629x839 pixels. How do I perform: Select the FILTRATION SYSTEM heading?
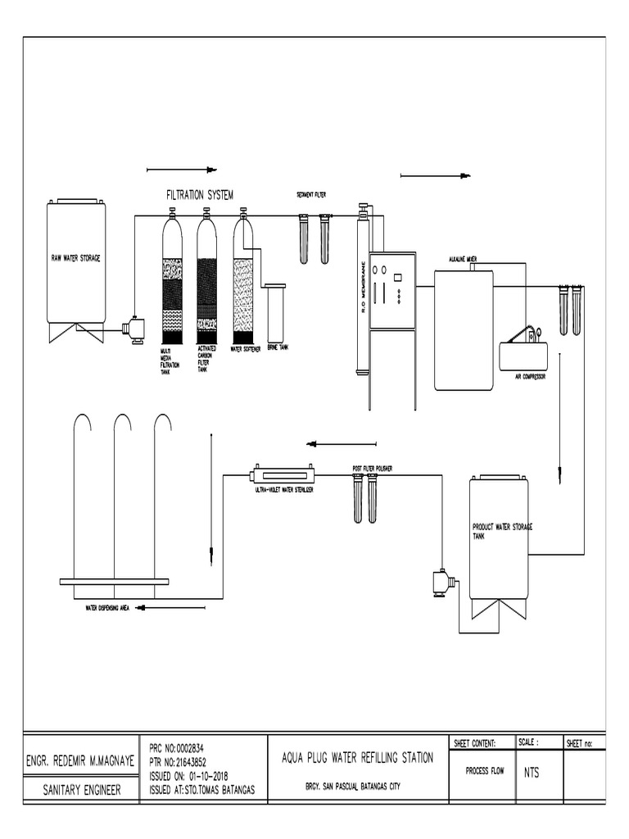click(x=200, y=195)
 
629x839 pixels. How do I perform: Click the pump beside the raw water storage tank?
click(x=132, y=329)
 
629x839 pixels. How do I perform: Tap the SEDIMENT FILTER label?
click(x=311, y=195)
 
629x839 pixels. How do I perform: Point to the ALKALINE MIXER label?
click(x=464, y=259)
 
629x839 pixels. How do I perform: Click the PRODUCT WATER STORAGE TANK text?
click(x=500, y=530)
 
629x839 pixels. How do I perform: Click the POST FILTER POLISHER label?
click(x=372, y=469)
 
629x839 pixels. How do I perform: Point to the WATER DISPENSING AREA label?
click(x=108, y=608)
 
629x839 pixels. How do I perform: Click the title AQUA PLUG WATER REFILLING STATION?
click(x=357, y=758)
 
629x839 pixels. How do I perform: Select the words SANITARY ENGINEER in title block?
click(x=81, y=790)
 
